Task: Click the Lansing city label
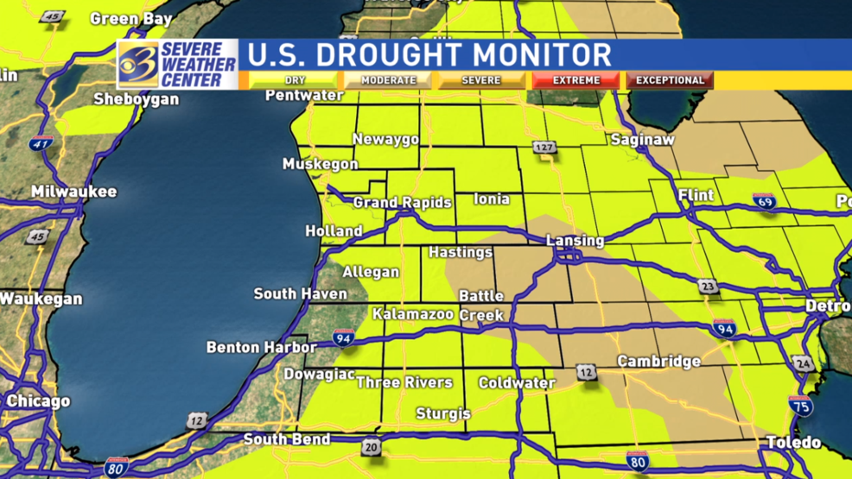[x=575, y=241]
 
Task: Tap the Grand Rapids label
[x=403, y=203]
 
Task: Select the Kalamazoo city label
[x=413, y=314]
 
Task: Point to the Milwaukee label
[x=73, y=192]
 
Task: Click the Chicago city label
[x=38, y=401]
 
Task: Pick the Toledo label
[x=793, y=442]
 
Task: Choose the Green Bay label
[x=131, y=18]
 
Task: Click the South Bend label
[x=286, y=439]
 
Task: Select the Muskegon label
[x=320, y=164]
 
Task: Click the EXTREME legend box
[x=576, y=80]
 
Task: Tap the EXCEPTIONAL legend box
[x=671, y=80]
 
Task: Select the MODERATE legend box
[x=388, y=80]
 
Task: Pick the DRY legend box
[x=295, y=80]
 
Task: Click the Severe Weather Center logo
[x=178, y=64]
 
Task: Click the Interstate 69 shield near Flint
[x=764, y=202]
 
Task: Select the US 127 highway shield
[x=544, y=148]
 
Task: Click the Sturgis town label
[x=443, y=413]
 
